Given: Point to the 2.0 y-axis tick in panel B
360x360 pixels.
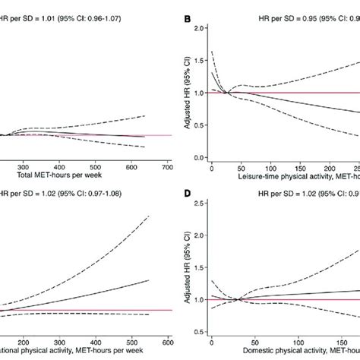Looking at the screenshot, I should (198, 28).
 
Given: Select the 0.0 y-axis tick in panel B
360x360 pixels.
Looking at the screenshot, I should (198, 158).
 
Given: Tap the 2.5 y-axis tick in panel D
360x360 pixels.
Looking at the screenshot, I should (198, 202).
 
